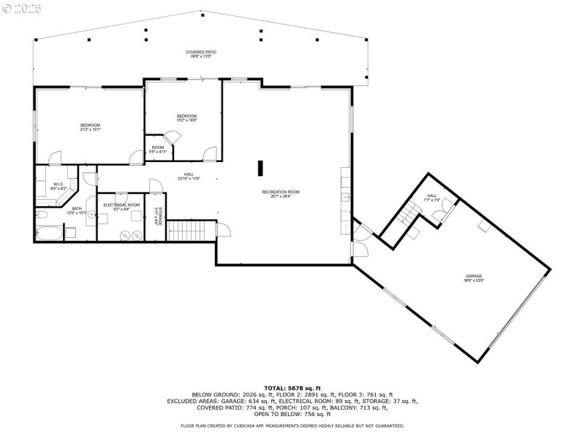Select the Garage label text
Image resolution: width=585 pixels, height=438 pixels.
pyautogui.click(x=474, y=277)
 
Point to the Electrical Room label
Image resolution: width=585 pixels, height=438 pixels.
pyautogui.click(x=121, y=205)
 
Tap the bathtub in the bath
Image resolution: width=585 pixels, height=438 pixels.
pyautogui.click(x=48, y=234)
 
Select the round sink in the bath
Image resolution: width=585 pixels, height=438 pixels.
pyautogui.click(x=91, y=217)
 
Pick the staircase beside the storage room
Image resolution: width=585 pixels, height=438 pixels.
pyautogui.click(x=192, y=231)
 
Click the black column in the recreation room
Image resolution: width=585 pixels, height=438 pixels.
pyautogui.click(x=260, y=168)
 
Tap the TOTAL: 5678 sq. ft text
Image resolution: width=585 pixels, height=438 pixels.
pyautogui.click(x=292, y=388)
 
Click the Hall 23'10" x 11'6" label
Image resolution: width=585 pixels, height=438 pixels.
pyautogui.click(x=188, y=176)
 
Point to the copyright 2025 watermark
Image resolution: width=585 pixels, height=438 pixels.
pyautogui.click(x=22, y=8)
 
